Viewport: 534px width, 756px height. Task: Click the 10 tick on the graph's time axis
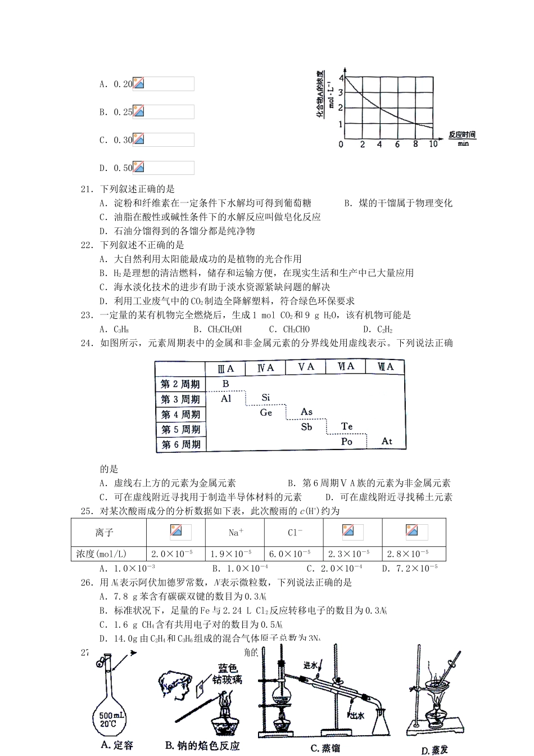coord(433,145)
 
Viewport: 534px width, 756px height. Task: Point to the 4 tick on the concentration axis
coord(341,77)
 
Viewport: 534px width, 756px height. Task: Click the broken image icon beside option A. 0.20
coord(138,84)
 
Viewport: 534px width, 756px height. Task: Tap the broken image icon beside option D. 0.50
coord(138,168)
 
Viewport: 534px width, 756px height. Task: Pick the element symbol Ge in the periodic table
coord(266,413)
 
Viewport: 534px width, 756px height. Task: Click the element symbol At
coord(387,442)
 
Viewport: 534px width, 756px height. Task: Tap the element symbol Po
coord(346,442)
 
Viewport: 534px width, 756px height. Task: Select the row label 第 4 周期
coord(180,415)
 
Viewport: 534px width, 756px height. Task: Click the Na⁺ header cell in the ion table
coord(236,532)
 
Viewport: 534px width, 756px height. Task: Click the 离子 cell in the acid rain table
coord(105,532)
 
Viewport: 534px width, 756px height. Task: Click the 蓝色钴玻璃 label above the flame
coord(229,674)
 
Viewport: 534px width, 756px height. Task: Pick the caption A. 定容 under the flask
coord(117,745)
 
